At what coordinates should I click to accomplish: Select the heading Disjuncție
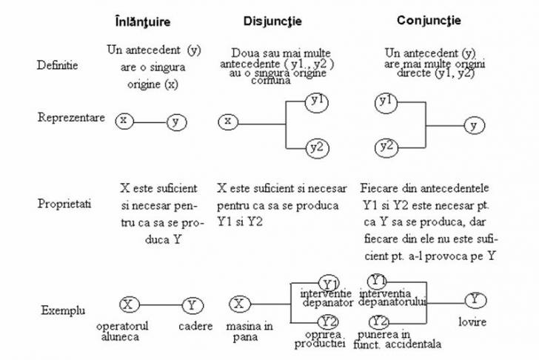click(x=272, y=21)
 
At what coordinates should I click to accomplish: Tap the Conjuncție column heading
click(x=428, y=21)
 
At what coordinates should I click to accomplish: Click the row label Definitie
click(x=56, y=66)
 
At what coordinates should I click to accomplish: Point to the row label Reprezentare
click(x=71, y=119)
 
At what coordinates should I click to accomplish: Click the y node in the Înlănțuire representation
click(x=175, y=121)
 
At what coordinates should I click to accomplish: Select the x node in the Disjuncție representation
click(x=229, y=121)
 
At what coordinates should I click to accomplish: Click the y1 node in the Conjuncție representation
click(x=385, y=101)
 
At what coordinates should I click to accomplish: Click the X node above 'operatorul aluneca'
click(x=128, y=304)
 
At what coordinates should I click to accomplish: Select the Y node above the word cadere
click(x=192, y=304)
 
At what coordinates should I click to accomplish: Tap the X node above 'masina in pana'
click(x=238, y=303)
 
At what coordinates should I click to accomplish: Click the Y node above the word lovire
click(x=475, y=300)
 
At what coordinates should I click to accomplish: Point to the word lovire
click(x=472, y=324)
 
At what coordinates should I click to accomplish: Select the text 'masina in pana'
click(x=248, y=331)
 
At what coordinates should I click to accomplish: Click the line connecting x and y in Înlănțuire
click(x=150, y=121)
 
